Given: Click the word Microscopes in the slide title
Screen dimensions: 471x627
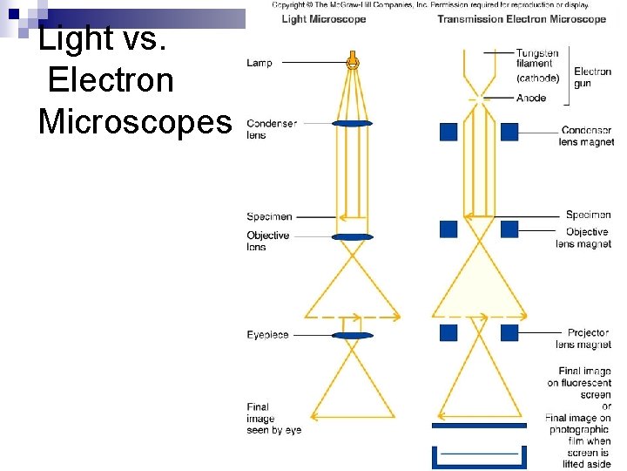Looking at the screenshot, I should [135, 121].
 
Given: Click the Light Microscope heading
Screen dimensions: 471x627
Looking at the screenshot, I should [323, 19].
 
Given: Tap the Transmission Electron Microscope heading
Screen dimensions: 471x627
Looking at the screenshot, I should [521, 19].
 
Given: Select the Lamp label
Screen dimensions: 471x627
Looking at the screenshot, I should [260, 63].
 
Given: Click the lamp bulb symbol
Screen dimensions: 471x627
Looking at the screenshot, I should [353, 62].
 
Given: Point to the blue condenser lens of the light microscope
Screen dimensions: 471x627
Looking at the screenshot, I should [353, 124].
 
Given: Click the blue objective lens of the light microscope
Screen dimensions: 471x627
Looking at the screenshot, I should [353, 236].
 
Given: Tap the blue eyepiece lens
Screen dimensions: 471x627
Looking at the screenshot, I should [353, 335].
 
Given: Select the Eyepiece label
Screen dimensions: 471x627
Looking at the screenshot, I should [267, 335].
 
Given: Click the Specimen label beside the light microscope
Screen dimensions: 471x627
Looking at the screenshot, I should [269, 216].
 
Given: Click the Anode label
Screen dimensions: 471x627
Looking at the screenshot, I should [531, 98].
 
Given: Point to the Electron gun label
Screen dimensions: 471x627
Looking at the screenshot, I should [592, 77].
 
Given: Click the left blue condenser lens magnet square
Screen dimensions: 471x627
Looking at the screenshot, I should [448, 132].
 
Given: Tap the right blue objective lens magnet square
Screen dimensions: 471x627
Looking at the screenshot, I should [509, 229].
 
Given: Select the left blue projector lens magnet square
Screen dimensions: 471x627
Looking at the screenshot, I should [448, 332].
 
